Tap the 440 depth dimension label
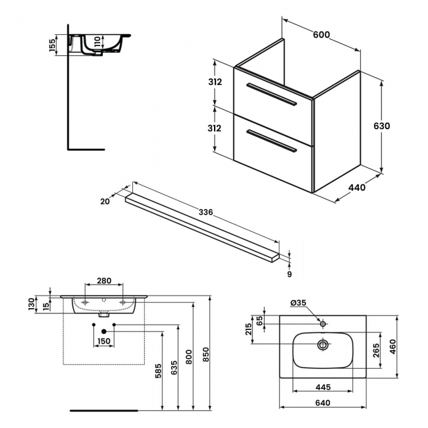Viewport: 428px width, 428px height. pyautogui.click(x=356, y=188)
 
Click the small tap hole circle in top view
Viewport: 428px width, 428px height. pyautogui.click(x=323, y=324)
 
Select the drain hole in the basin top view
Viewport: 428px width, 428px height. pyautogui.click(x=323, y=344)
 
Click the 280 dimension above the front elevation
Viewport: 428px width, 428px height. pyautogui.click(x=103, y=281)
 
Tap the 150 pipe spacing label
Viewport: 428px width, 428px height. pyautogui.click(x=103, y=340)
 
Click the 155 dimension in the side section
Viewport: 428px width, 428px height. pyautogui.click(x=53, y=47)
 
